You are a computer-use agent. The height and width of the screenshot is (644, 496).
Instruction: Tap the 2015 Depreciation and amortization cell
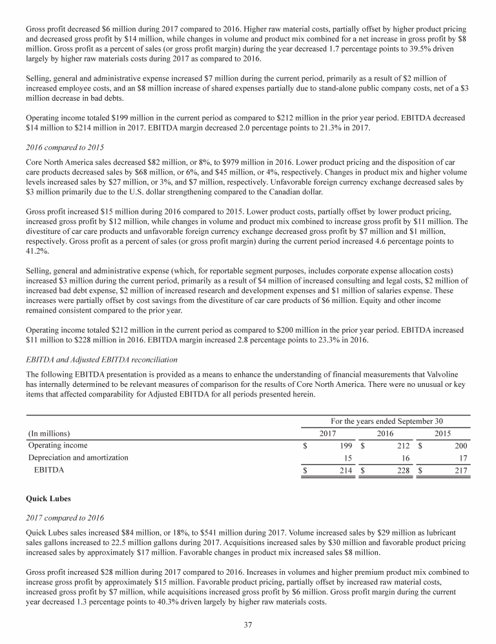460,458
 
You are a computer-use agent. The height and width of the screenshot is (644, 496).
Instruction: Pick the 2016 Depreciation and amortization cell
405,458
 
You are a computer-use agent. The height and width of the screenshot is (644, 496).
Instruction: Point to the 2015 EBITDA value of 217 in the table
460,471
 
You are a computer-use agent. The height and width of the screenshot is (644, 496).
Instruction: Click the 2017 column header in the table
329,433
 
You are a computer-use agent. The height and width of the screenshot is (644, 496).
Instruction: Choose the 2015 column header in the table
442,433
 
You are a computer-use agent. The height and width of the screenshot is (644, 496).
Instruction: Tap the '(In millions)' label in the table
49,433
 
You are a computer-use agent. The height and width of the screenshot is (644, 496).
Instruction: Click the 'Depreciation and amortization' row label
78,458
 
